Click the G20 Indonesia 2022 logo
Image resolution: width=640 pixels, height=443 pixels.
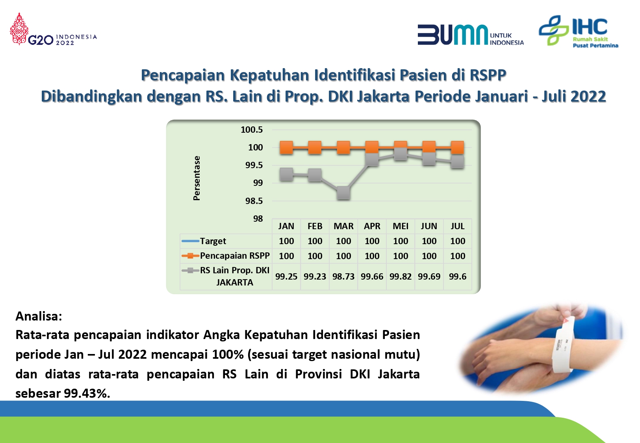54,29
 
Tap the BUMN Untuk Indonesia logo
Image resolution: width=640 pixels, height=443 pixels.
471,35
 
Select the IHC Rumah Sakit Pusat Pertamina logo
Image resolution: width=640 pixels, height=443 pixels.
579,31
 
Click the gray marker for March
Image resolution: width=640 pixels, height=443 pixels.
343,193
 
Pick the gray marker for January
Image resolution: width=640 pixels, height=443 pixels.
286,174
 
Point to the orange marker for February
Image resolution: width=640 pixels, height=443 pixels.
315,148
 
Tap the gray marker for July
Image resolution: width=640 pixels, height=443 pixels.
457,162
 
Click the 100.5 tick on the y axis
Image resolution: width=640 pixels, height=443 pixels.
252,130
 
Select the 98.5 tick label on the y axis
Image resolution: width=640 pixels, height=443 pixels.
254,201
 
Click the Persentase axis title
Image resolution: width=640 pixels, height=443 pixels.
197,178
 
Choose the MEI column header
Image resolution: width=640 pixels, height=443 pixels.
401,226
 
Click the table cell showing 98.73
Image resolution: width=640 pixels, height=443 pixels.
343,276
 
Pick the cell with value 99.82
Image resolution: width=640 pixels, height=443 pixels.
401,276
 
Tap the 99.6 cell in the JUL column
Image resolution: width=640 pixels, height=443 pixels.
458,276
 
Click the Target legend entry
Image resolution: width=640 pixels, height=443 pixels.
204,241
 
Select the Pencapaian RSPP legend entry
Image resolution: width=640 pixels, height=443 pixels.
226,256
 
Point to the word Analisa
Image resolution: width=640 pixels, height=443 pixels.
39,316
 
